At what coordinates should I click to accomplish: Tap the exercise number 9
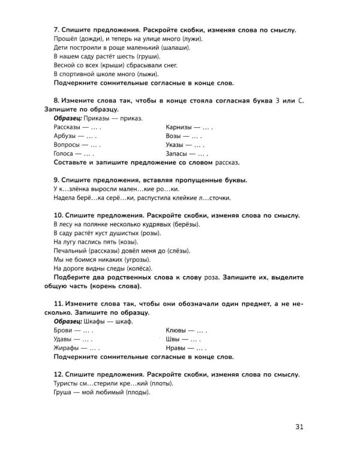[x=56, y=180]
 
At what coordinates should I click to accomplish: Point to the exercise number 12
[x=59, y=374]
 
